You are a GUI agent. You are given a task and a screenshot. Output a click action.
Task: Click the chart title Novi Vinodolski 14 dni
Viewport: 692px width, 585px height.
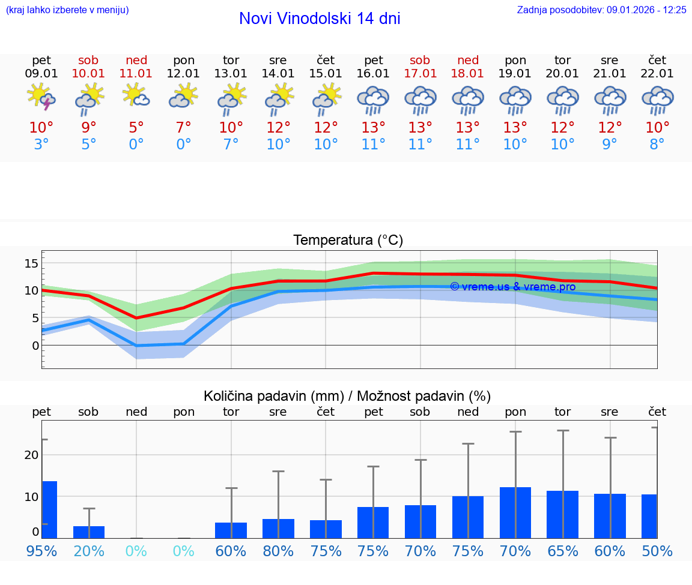(320, 19)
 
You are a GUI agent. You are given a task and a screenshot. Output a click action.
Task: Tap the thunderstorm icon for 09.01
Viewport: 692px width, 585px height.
(41, 97)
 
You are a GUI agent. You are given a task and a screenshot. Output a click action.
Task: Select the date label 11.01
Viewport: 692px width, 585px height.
(136, 74)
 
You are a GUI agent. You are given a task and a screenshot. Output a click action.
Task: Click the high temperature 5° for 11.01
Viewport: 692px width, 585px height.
(136, 128)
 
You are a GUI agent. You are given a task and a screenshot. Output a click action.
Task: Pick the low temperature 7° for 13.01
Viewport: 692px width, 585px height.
(231, 145)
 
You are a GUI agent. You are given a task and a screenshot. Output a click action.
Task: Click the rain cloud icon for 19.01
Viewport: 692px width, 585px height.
(515, 100)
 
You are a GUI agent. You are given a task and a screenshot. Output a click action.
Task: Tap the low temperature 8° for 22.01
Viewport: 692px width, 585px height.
(657, 145)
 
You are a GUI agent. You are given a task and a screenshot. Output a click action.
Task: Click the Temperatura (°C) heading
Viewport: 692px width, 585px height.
(348, 241)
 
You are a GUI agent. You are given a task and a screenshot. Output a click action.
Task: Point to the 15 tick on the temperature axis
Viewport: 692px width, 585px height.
(31, 263)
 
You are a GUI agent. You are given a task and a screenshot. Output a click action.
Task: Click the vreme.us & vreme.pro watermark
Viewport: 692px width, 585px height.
(512, 287)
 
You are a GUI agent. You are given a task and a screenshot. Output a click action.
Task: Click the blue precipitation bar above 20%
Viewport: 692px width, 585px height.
(89, 532)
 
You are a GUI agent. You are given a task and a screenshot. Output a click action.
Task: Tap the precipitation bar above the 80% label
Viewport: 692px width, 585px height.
(278, 529)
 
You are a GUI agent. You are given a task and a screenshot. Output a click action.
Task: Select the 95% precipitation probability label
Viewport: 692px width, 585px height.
(41, 551)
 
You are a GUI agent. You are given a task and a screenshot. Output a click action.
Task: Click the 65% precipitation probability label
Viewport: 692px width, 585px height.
(562, 551)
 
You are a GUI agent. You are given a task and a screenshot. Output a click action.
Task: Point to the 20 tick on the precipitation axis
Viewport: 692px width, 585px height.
(31, 455)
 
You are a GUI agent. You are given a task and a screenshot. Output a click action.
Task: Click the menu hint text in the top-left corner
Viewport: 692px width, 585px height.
(67, 10)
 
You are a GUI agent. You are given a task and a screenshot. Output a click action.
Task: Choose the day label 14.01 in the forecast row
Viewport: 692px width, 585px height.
(278, 74)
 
